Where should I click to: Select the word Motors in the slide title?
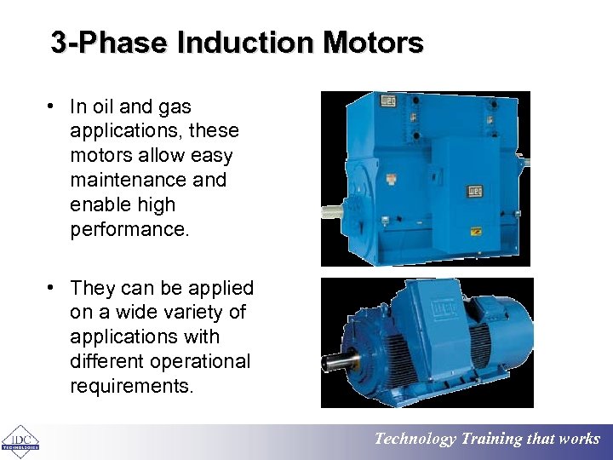(x=372, y=43)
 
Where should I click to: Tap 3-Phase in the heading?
(x=111, y=43)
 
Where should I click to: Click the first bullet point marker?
(x=53, y=106)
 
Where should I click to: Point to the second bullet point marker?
(x=53, y=288)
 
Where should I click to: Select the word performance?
(x=128, y=229)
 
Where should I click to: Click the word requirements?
(x=132, y=387)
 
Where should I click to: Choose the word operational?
(x=203, y=362)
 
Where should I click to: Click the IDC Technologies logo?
(x=20, y=440)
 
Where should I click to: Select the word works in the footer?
(x=579, y=440)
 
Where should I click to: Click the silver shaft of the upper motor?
(x=331, y=207)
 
